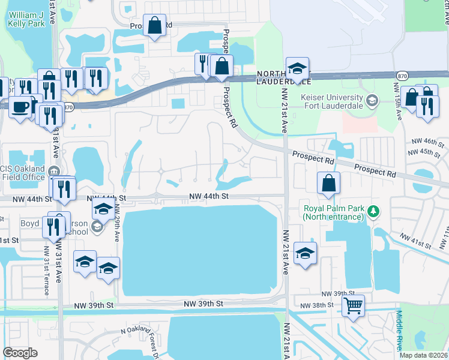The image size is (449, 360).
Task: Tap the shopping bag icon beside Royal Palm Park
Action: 328,184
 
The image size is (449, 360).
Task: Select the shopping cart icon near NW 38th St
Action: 354,305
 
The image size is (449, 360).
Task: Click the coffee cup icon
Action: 20,108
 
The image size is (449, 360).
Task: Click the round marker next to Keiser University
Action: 372,99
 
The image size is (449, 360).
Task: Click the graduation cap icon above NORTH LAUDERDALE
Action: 297,69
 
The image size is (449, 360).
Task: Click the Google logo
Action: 20,353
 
